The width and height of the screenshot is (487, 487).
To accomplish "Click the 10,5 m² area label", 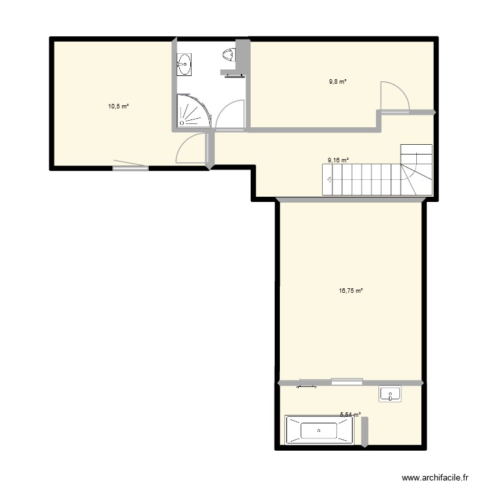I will (x=118, y=105).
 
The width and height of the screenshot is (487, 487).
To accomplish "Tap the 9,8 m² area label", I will (x=338, y=82).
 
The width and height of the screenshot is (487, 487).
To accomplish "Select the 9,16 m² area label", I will (x=338, y=160).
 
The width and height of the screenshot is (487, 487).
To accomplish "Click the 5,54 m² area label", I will (x=351, y=414).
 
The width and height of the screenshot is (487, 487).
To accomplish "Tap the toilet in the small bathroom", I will (x=229, y=55).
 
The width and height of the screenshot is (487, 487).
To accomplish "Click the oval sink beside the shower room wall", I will (x=184, y=64).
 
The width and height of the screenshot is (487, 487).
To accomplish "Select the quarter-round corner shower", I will (x=193, y=111).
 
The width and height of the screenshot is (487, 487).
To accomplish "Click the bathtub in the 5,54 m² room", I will (x=319, y=430).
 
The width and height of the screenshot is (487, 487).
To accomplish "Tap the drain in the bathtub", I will (x=319, y=430).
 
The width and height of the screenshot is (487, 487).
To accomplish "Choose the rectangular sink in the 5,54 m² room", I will (x=390, y=393).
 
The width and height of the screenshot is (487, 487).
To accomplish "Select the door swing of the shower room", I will (x=229, y=115).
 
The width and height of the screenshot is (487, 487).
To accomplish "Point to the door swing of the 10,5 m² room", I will (x=190, y=149).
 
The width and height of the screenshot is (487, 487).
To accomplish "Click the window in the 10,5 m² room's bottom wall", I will (x=131, y=169).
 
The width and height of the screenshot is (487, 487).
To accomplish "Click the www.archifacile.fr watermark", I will (x=435, y=476).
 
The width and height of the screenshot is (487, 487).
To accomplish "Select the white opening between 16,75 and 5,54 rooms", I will (x=347, y=381).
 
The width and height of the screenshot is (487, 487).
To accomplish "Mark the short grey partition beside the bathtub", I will (x=364, y=431).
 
